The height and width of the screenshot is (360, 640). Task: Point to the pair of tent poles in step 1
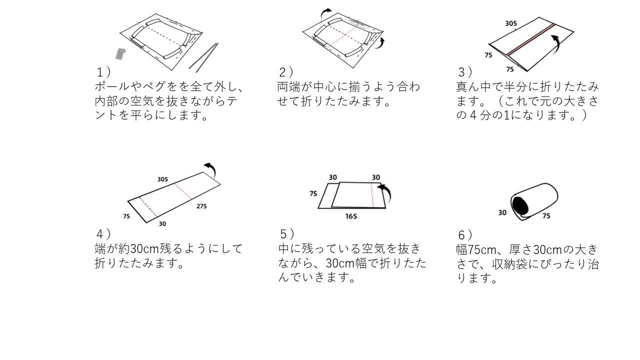point(203,57)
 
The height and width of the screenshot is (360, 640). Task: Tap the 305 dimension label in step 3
point(511,23)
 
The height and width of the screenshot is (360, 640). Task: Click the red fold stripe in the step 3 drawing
point(530,39)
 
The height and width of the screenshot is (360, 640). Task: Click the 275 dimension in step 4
point(201,206)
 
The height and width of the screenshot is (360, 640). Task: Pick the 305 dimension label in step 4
point(162,179)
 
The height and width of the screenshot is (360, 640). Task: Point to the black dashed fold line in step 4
point(148,207)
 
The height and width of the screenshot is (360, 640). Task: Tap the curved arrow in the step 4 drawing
point(210,169)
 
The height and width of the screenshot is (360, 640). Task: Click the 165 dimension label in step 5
point(351,216)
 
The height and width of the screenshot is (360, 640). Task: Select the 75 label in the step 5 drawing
point(313,193)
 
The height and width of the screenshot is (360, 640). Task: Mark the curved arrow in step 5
point(385,191)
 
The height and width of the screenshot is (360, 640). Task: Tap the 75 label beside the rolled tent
point(546,215)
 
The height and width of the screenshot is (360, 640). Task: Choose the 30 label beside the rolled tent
point(502,212)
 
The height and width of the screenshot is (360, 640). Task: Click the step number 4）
point(103,234)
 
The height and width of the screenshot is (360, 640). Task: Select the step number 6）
point(465,235)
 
